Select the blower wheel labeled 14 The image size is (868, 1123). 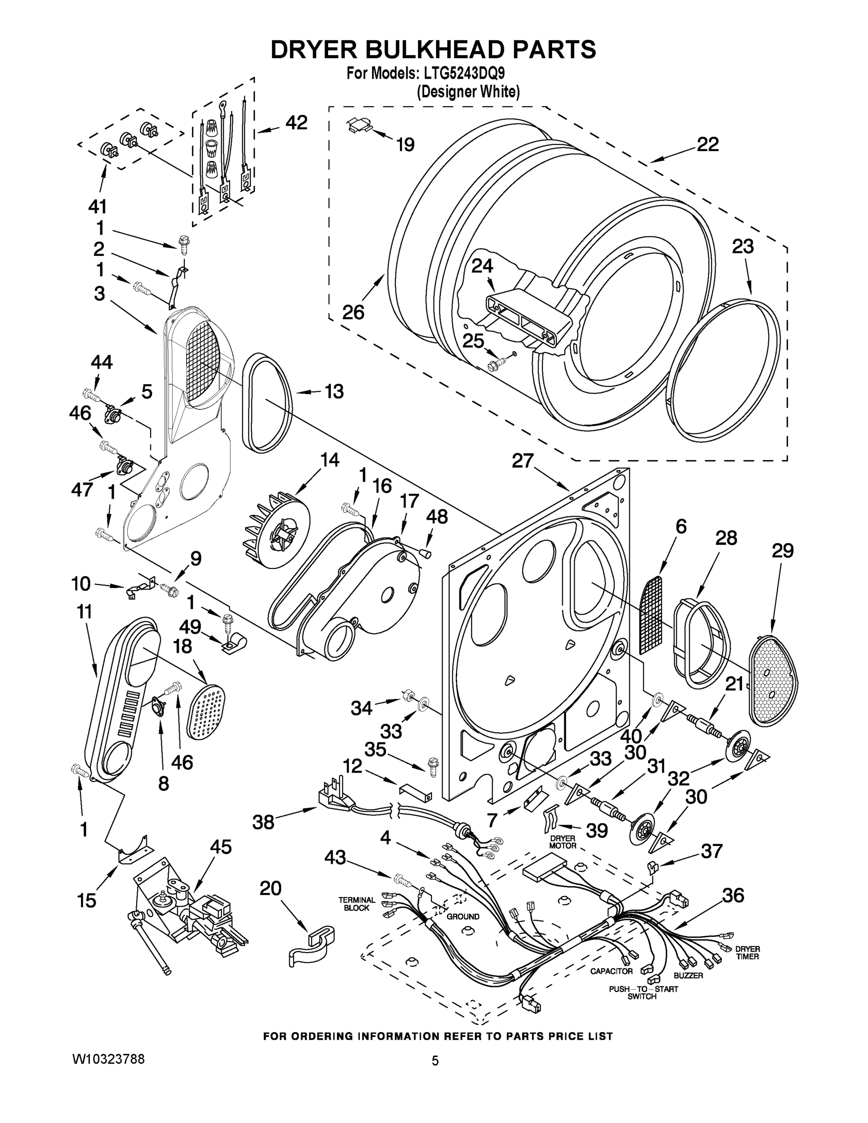pyautogui.click(x=275, y=530)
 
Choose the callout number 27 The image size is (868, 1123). pyautogui.click(x=523, y=461)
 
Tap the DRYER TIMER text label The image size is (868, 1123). pyautogui.click(x=747, y=952)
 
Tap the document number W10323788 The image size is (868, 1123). pyautogui.click(x=108, y=1059)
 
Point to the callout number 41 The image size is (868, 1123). pyautogui.click(x=97, y=206)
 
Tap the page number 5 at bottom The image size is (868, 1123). pyautogui.click(x=435, y=1060)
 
